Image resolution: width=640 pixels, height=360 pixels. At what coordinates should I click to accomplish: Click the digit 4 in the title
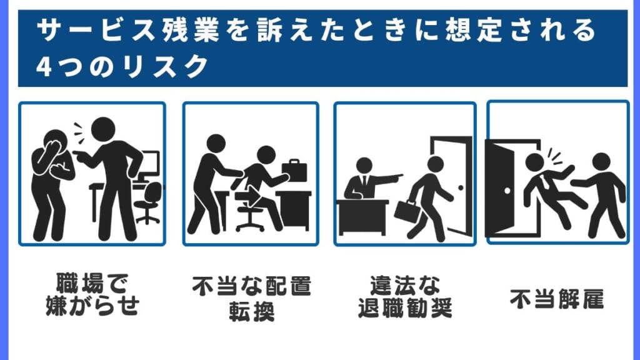[44, 67]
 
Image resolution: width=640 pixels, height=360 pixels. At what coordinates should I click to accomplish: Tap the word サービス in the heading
[96, 30]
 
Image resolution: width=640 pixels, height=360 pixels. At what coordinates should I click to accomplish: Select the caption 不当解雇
[557, 299]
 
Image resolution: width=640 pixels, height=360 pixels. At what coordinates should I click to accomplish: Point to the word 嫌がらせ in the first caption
[92, 306]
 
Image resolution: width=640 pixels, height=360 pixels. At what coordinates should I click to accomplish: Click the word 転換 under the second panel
[251, 311]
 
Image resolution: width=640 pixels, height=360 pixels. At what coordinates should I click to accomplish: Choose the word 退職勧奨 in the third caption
[405, 307]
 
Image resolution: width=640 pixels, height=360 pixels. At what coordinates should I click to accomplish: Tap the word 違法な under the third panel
[405, 285]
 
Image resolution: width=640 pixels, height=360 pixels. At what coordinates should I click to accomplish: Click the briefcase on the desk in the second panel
[294, 170]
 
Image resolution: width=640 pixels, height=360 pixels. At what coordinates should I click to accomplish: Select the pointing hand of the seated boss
[395, 177]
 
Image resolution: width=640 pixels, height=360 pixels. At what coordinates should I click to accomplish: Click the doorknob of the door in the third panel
[461, 187]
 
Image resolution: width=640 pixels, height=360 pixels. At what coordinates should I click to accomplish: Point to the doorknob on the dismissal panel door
[507, 191]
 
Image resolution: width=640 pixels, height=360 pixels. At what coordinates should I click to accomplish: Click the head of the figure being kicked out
[535, 162]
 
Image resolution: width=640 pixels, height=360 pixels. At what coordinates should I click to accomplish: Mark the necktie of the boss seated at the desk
[364, 180]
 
